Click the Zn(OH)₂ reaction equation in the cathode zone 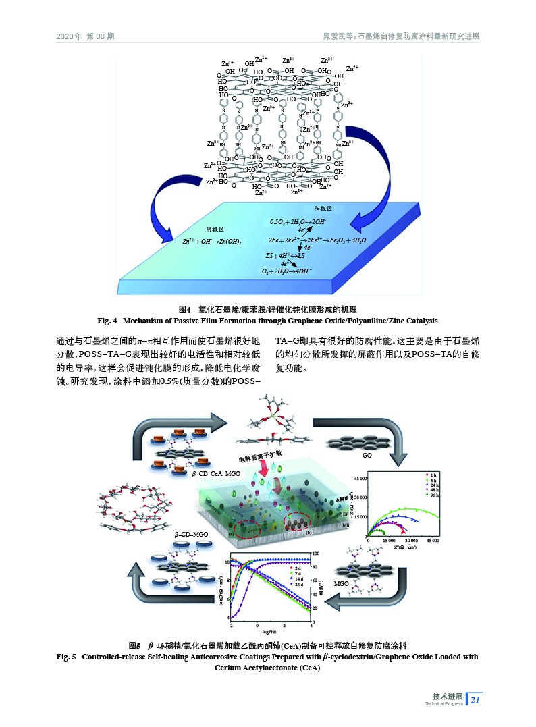pos(212,241)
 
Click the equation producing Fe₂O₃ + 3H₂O pos(317,240)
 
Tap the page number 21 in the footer pos(475,700)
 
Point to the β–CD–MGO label pos(191,534)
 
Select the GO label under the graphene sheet pos(368,455)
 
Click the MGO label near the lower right pos(342,583)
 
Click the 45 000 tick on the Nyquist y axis pos(358,479)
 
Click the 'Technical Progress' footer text pos(444,704)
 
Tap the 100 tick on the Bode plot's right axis pos(325,554)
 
